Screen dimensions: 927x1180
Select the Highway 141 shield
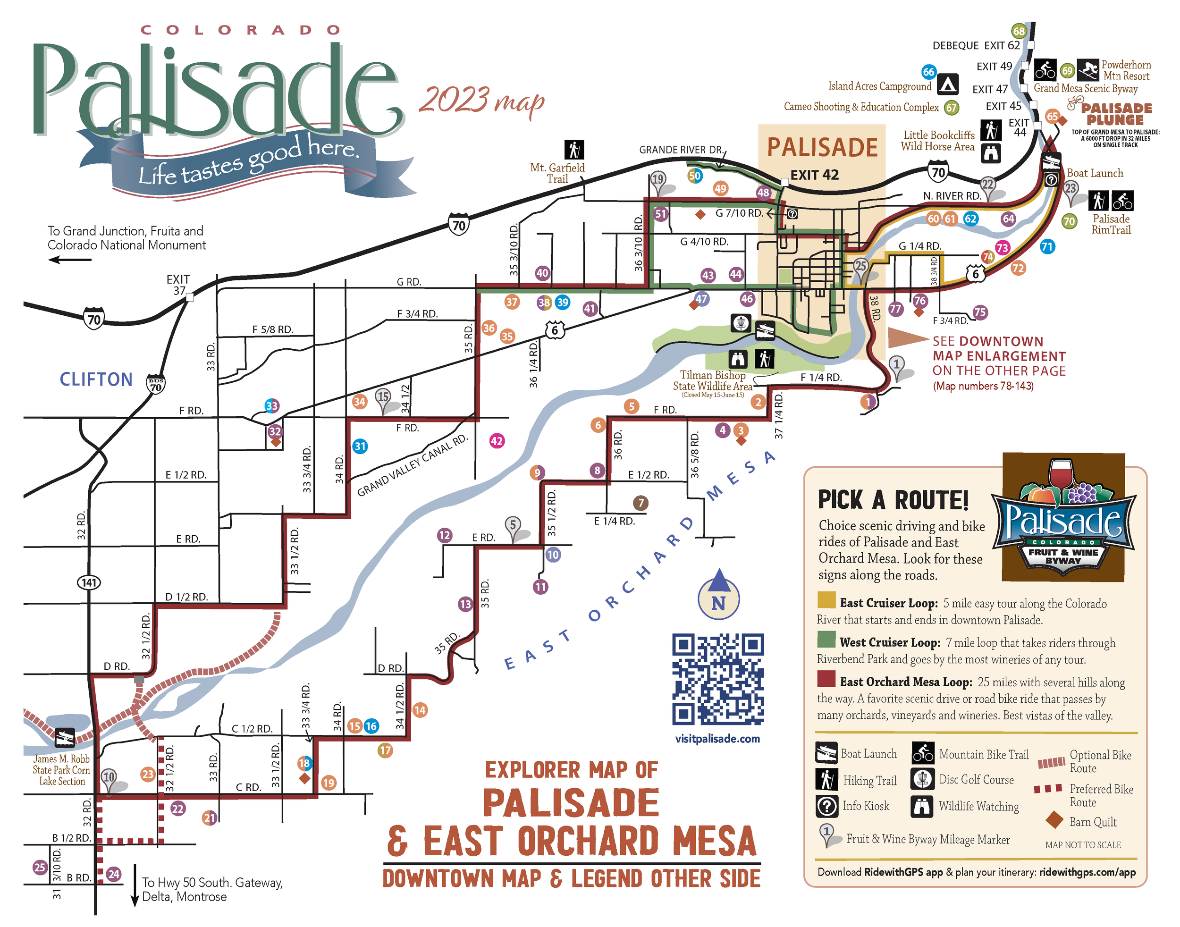click(89, 582)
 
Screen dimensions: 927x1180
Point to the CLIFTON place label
click(96, 379)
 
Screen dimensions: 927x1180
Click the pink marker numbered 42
click(496, 441)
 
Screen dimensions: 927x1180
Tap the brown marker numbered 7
click(641, 503)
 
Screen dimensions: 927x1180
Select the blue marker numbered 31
click(360, 446)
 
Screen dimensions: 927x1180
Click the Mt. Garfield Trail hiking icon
click(574, 149)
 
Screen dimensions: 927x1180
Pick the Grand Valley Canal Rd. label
click(412, 465)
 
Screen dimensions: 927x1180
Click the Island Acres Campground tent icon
click(947, 84)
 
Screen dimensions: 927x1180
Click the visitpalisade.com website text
click(717, 739)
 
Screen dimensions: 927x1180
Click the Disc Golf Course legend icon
click(922, 779)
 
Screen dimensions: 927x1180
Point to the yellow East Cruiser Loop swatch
click(826, 600)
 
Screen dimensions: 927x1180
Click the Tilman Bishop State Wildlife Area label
click(712, 380)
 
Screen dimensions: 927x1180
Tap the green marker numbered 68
click(1019, 32)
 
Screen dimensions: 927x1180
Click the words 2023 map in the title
click(481, 101)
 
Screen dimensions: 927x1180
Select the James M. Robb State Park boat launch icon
click(65, 738)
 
